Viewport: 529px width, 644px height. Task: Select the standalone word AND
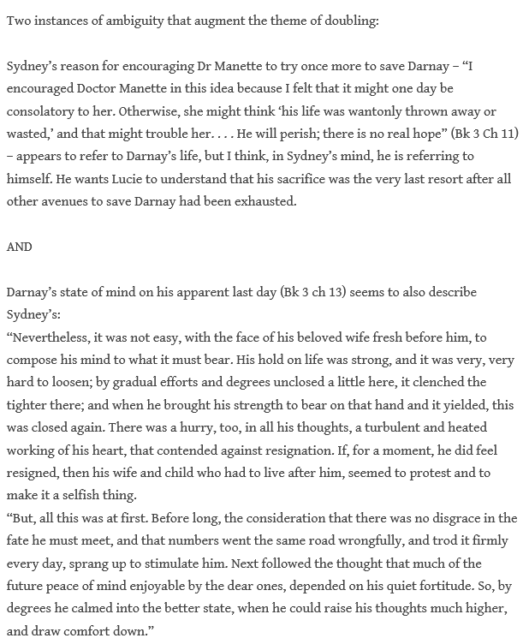[19, 247]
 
